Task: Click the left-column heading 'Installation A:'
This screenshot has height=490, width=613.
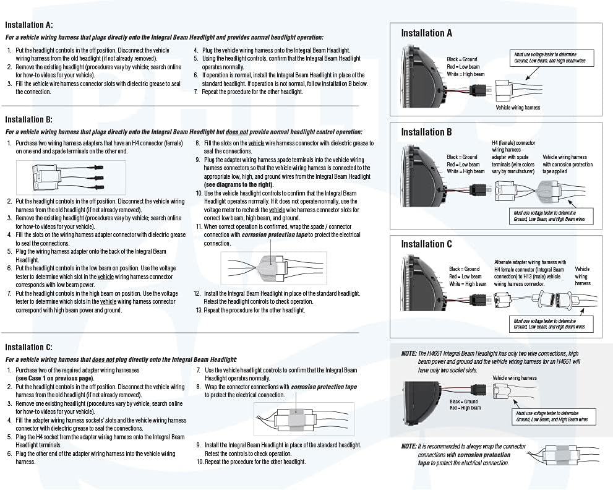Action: pos(28,25)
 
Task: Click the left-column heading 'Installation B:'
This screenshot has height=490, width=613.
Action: pos(28,119)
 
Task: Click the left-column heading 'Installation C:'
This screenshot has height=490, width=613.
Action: pos(28,348)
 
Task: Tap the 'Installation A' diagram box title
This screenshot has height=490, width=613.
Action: pos(426,33)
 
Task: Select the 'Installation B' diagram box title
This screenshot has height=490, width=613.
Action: pos(426,132)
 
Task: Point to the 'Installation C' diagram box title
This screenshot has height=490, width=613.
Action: pos(426,244)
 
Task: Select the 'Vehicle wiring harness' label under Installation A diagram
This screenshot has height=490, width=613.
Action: pos(518,108)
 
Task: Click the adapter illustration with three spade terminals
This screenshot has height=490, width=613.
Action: pos(71,178)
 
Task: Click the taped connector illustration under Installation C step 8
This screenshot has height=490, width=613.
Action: pos(304,419)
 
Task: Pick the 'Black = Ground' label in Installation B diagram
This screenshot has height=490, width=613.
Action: pos(462,157)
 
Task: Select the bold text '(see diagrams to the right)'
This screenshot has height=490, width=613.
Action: pos(238,184)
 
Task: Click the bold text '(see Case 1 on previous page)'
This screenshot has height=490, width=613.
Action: pos(54,378)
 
